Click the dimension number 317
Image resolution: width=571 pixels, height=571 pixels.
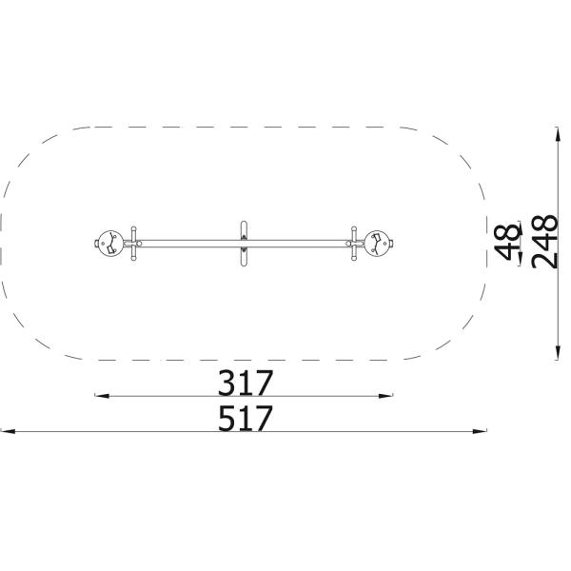246,383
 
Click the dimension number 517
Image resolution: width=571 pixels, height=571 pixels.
246,418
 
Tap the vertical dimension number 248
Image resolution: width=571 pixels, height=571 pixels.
544,242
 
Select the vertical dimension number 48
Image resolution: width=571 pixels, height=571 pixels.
507,242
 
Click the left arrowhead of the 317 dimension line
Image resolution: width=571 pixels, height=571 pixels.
101,396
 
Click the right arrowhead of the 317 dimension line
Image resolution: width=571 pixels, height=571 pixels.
386,396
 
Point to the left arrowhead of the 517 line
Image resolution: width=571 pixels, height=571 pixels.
8,431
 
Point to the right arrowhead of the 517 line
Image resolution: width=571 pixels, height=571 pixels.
480,431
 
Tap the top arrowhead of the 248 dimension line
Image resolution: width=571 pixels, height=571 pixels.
557,134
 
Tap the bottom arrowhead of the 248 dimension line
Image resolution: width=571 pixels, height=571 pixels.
557,352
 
